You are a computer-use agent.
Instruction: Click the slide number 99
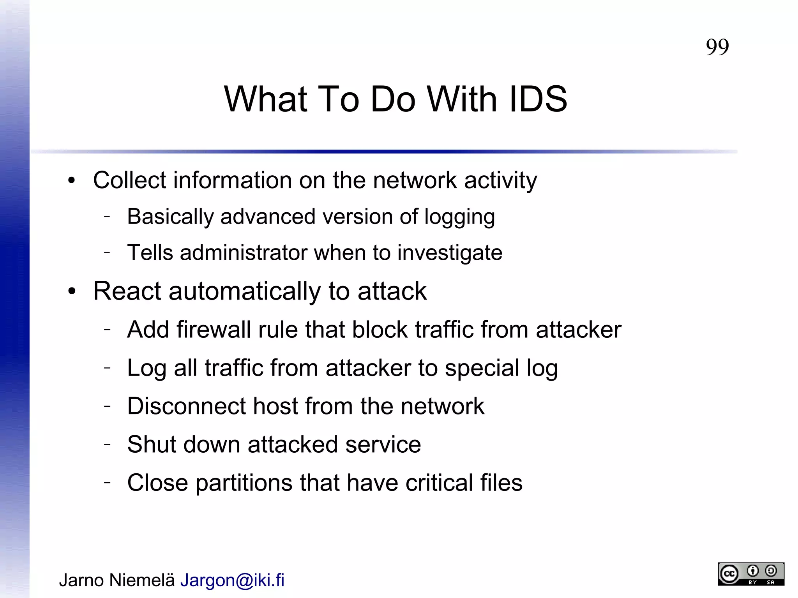point(717,47)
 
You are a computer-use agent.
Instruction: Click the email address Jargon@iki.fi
point(232,580)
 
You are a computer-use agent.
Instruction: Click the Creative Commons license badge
point(751,574)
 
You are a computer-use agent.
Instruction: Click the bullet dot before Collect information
point(71,181)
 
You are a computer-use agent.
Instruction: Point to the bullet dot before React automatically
point(71,291)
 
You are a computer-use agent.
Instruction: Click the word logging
point(459,217)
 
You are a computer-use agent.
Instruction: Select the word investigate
point(450,253)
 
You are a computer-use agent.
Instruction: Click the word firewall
point(214,330)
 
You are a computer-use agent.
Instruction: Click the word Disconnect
point(186,406)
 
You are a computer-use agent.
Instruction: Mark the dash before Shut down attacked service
point(108,444)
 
